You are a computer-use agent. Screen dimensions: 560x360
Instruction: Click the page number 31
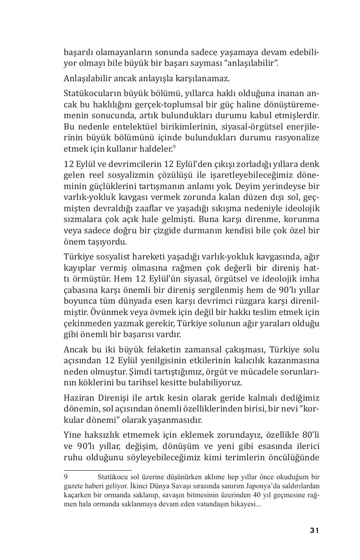click(x=314, y=530)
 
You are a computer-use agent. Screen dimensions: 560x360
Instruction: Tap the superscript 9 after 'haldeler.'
click(x=174, y=146)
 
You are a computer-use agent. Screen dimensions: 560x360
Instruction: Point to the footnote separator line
click(x=97, y=470)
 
